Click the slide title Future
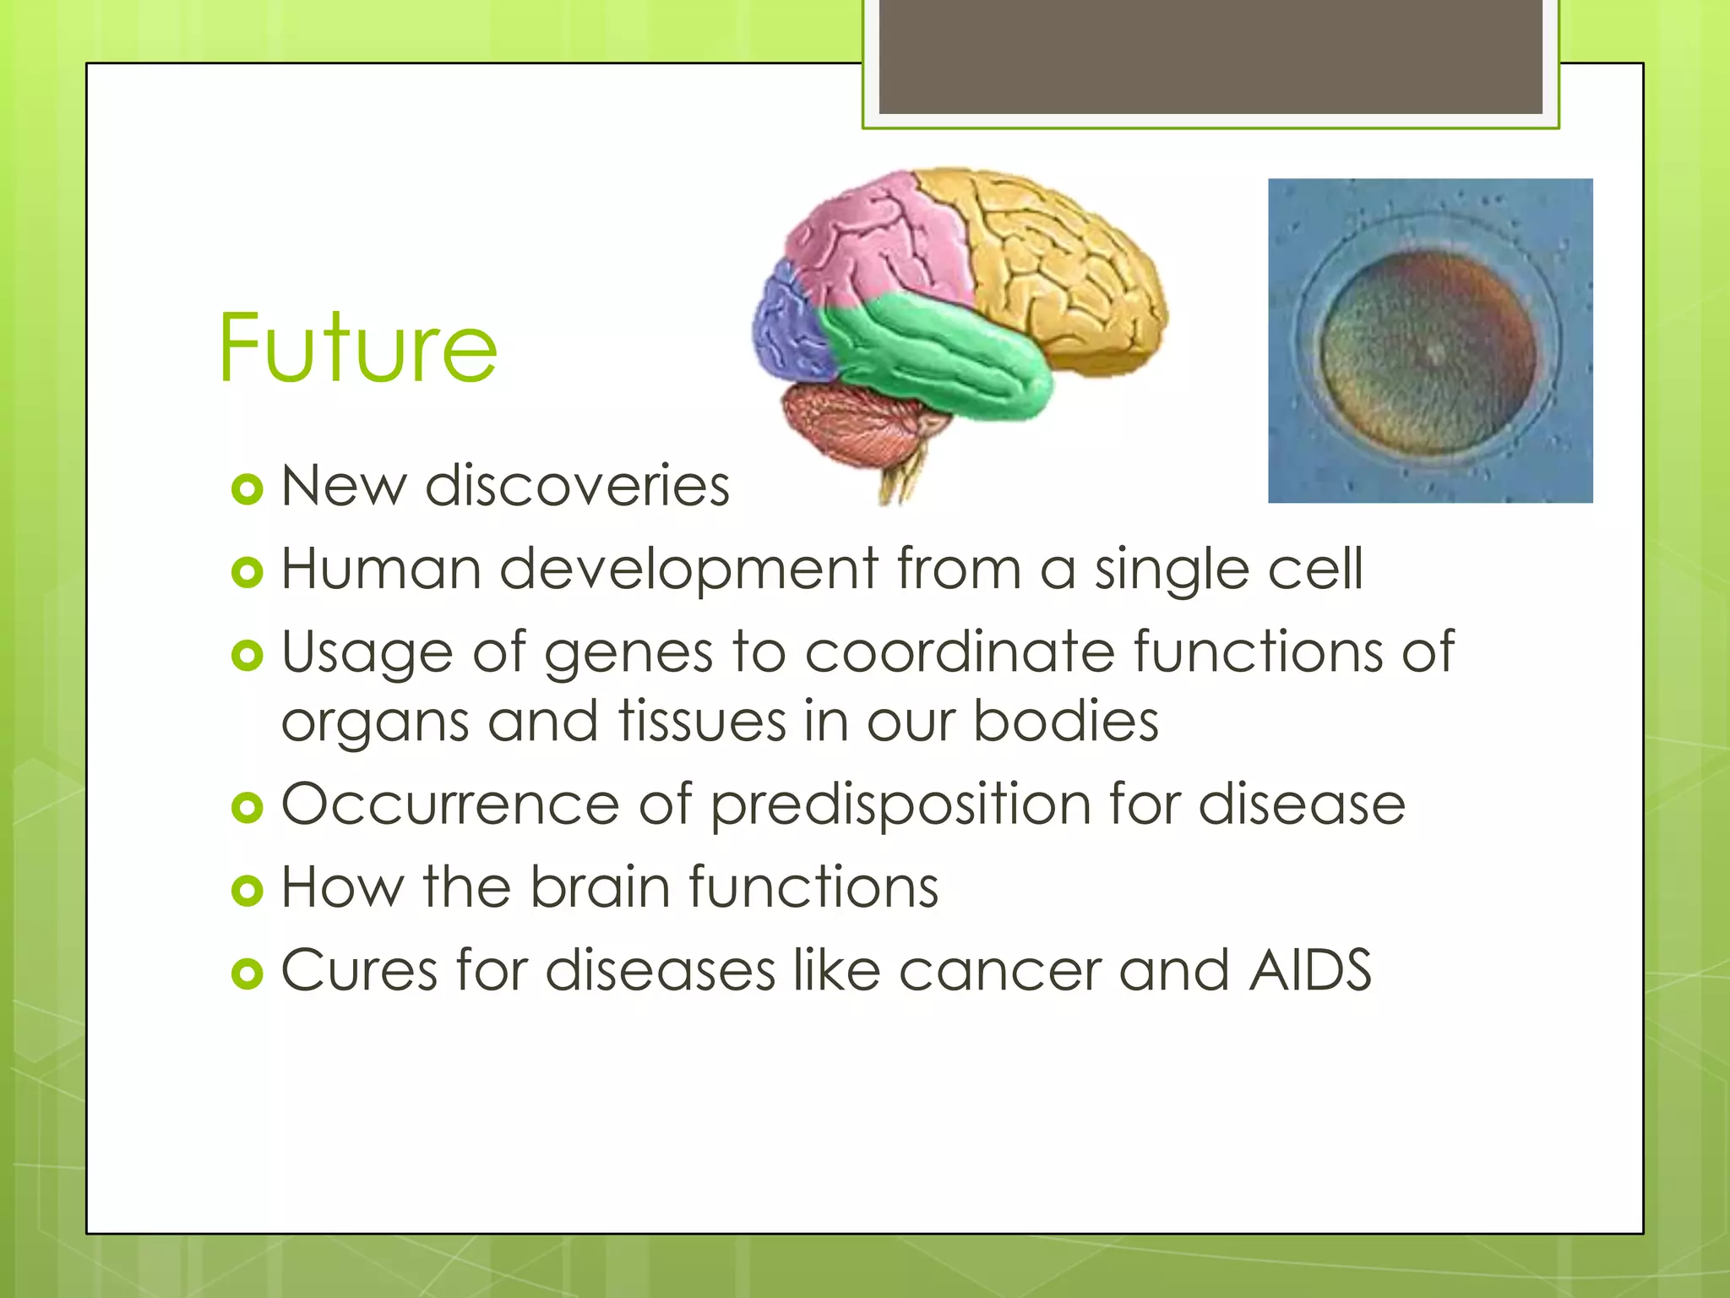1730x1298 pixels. tap(357, 347)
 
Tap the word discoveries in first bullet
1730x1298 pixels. tap(577, 487)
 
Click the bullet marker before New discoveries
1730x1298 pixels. tap(247, 489)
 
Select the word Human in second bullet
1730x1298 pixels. tap(381, 569)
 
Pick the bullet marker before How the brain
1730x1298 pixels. tap(247, 890)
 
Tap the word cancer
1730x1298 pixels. tap(999, 970)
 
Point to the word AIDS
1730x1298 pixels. tap(1310, 969)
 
